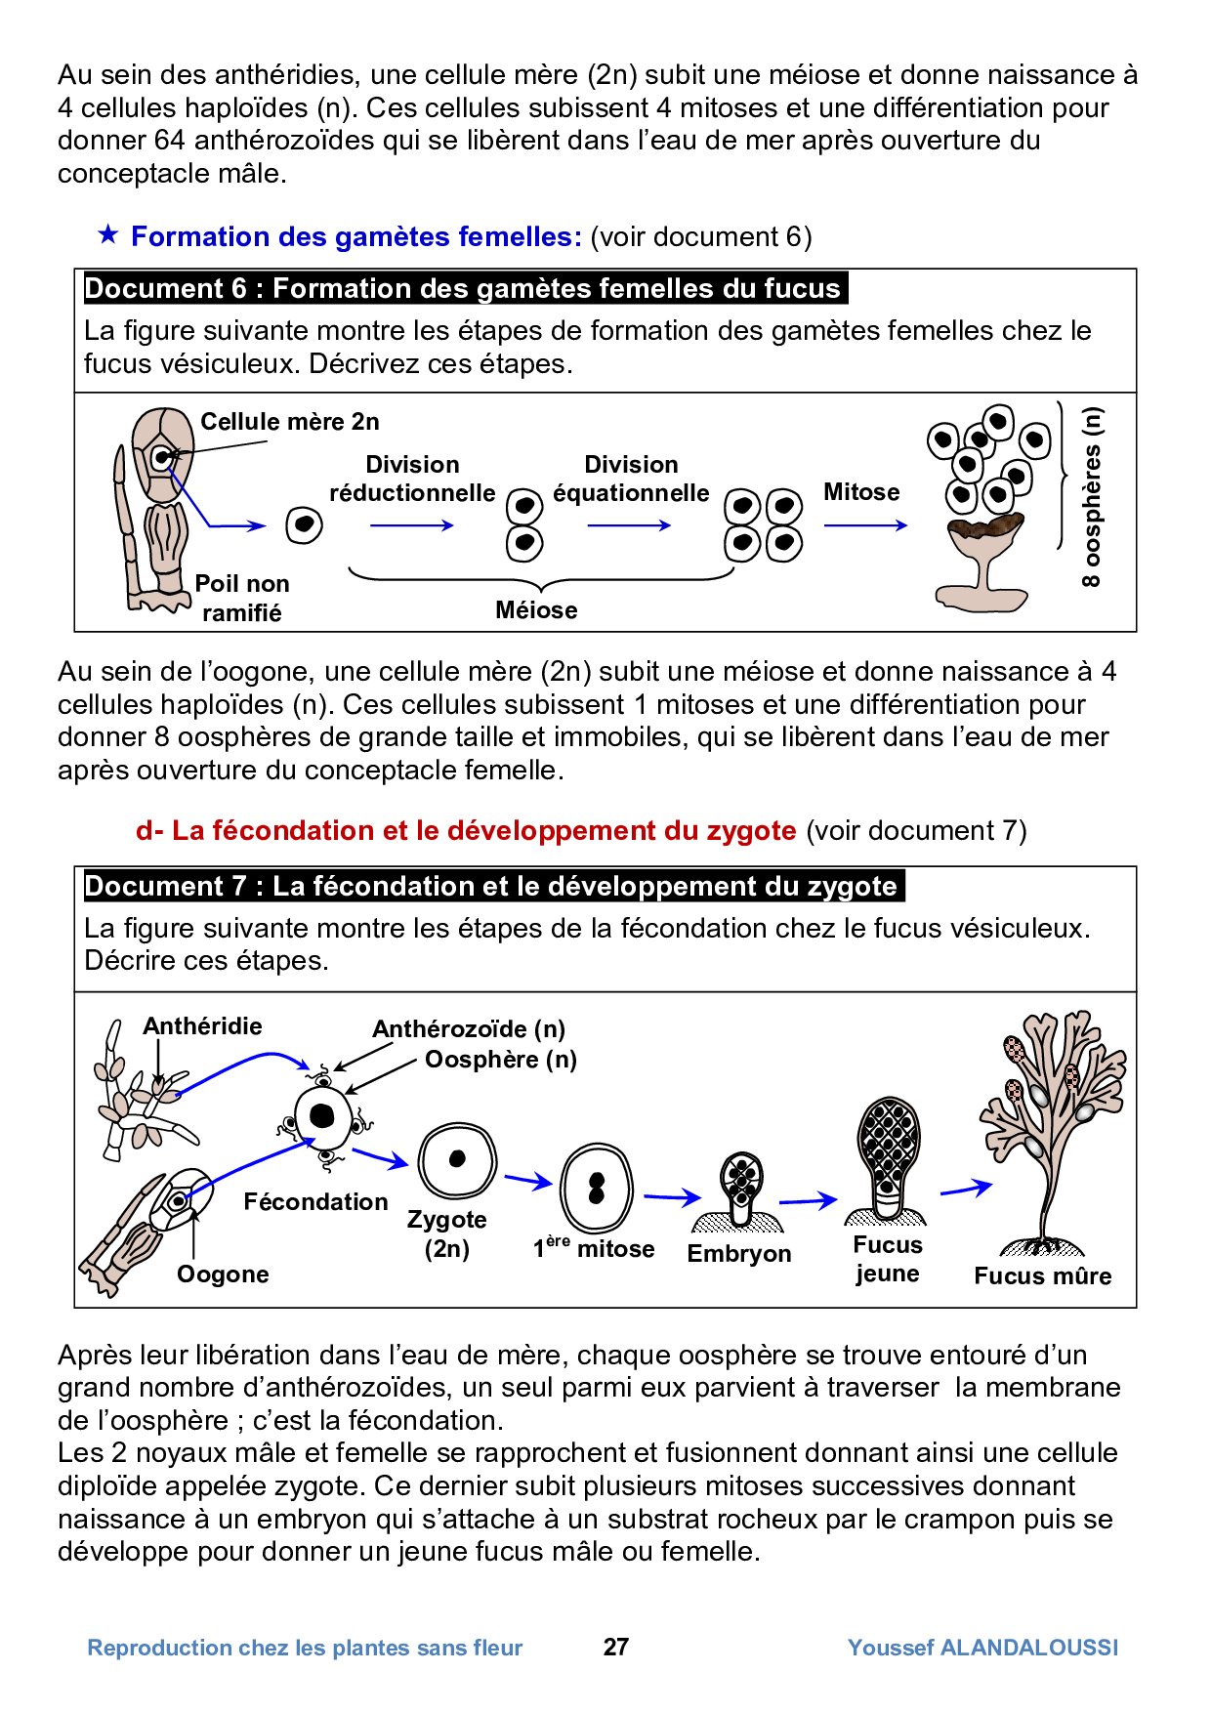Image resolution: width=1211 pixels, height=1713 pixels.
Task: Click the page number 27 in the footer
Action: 615,1647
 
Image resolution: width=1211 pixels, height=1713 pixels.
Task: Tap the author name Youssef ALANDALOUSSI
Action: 982,1648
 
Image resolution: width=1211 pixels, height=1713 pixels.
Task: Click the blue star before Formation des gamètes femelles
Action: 108,234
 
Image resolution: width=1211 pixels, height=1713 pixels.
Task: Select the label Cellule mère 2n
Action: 290,422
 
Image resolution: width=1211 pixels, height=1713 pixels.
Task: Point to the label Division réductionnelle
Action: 412,479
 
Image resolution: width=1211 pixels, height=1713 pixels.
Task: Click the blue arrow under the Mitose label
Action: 865,525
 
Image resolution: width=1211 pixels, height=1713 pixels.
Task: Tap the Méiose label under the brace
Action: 536,610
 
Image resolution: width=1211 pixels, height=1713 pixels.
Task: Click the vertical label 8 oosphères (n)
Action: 1091,496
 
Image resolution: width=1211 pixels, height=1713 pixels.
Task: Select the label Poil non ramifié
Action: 242,598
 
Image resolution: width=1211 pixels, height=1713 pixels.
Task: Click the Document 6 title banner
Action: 463,289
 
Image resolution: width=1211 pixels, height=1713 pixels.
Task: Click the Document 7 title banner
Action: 491,886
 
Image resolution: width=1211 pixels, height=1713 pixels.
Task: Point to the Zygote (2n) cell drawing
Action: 457,1160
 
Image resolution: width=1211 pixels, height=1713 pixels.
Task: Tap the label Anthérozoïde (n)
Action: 469,1028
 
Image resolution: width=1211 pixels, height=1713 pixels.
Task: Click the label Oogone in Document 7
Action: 223,1274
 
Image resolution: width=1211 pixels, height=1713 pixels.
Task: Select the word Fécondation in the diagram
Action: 315,1201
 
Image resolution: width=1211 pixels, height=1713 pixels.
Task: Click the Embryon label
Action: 739,1253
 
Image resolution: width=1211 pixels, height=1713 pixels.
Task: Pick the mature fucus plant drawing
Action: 1050,1133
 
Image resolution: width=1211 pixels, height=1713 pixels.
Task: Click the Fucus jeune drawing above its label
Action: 888,1157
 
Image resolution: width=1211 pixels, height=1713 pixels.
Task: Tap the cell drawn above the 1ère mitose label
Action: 596,1189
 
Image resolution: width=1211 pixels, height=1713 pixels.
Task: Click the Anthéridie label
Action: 202,1025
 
